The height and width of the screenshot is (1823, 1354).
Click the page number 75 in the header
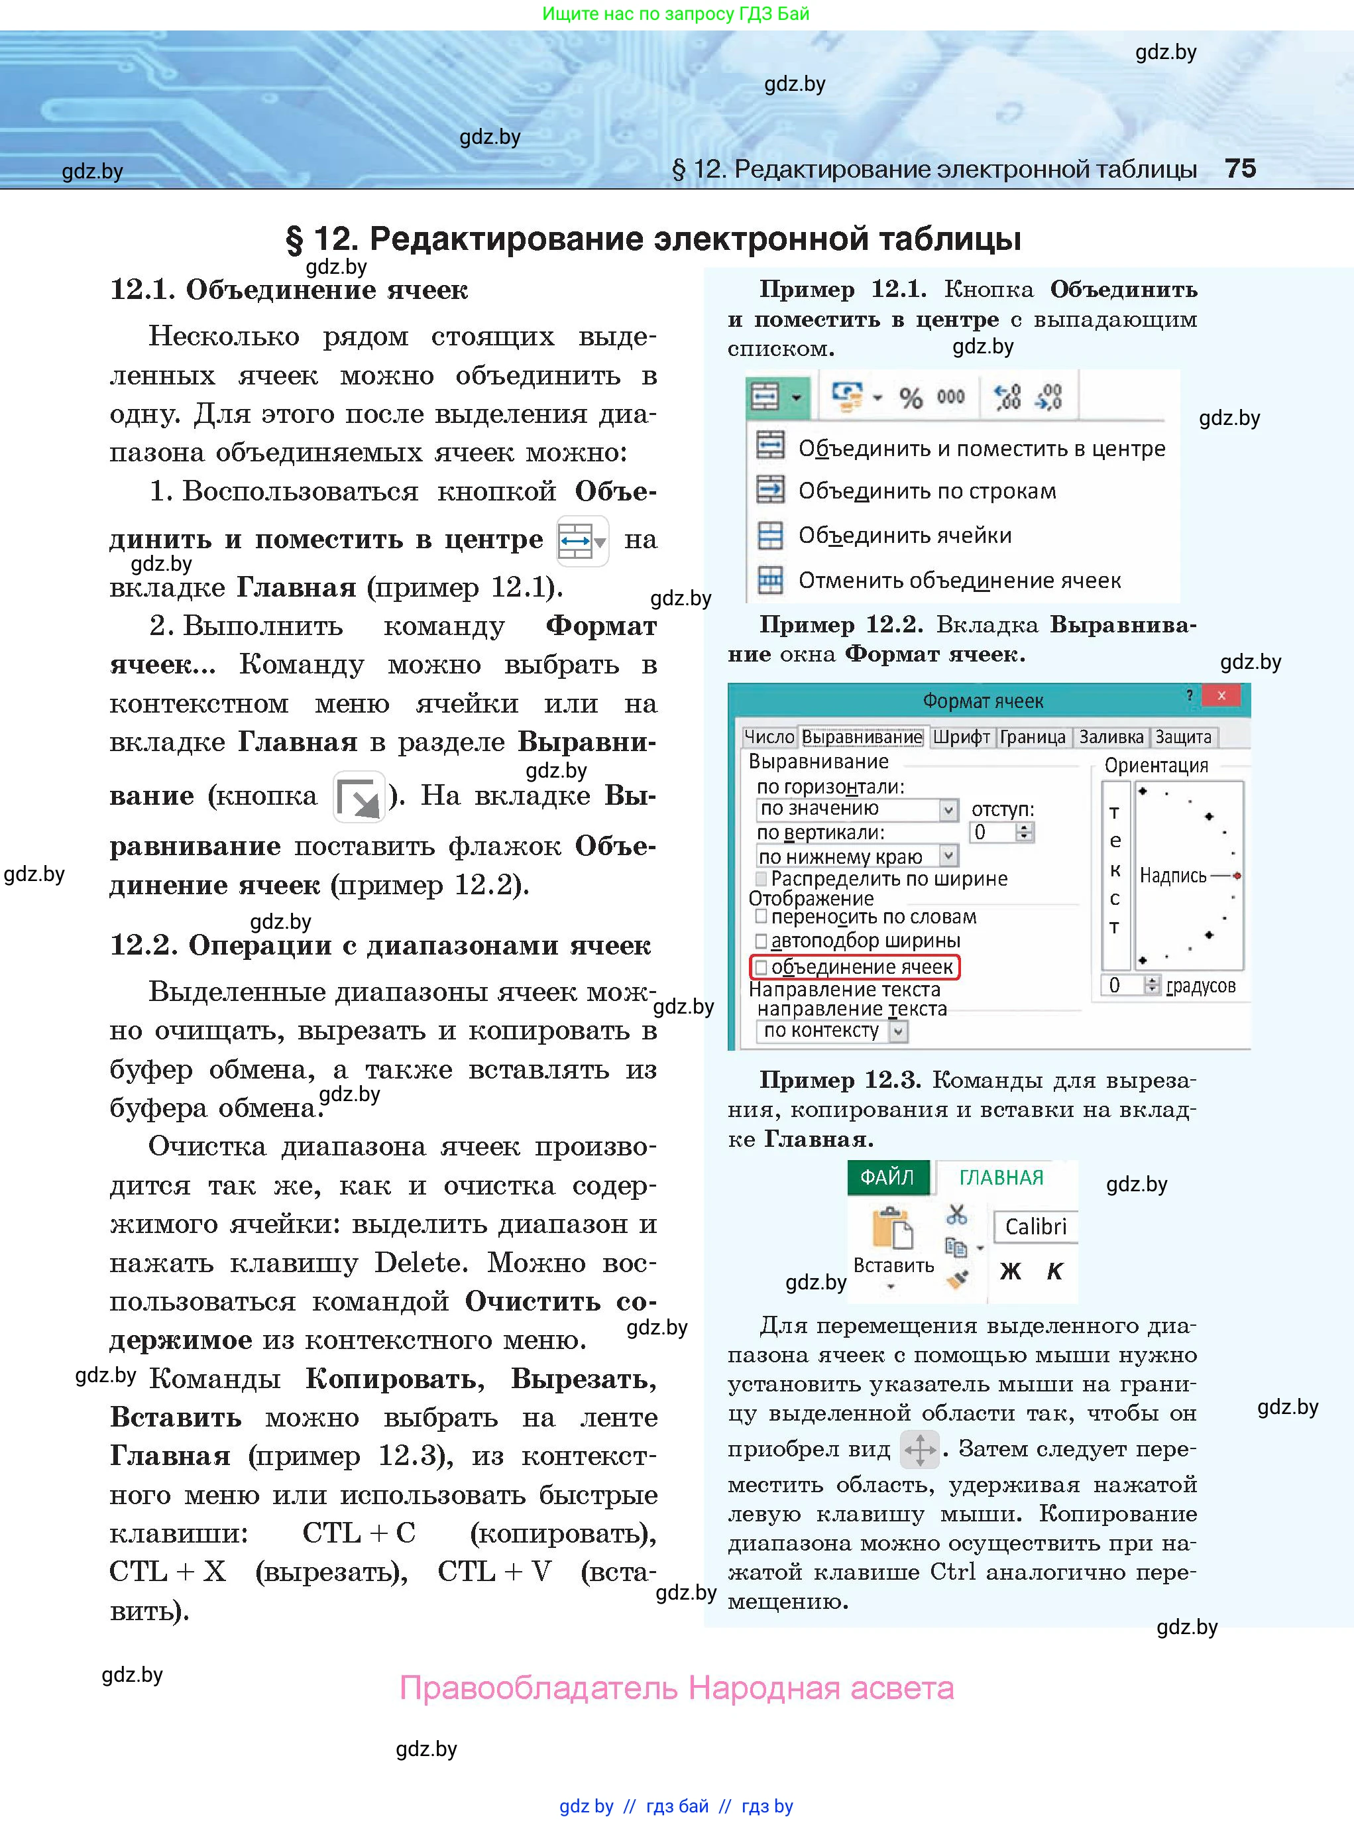pyautogui.click(x=1239, y=169)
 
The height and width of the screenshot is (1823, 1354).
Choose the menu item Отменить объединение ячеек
pyautogui.click(x=959, y=580)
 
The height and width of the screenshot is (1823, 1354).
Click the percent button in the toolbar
pyautogui.click(x=910, y=398)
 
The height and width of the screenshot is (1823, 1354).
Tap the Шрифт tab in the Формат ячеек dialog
pyautogui.click(x=960, y=737)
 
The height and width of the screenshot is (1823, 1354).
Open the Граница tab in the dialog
pyautogui.click(x=1032, y=737)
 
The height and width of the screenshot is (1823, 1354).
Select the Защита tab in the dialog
pyautogui.click(x=1183, y=737)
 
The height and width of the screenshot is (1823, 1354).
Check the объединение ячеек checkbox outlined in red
pyautogui.click(x=762, y=967)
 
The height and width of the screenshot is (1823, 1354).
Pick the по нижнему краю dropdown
pyautogui.click(x=856, y=856)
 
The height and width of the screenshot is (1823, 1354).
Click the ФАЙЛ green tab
pyautogui.click(x=887, y=1177)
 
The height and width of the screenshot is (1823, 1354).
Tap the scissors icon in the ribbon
pyautogui.click(x=956, y=1214)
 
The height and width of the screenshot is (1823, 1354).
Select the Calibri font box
pyautogui.click(x=1035, y=1226)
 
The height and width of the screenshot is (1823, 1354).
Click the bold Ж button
pyautogui.click(x=1011, y=1271)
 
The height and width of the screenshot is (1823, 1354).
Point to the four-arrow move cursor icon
pyautogui.click(x=920, y=1449)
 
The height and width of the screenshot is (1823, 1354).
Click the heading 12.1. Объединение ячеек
pyautogui.click(x=288, y=289)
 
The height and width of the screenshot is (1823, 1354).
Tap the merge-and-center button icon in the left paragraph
pyautogui.click(x=581, y=541)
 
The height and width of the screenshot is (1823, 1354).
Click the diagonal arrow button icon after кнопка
pyautogui.click(x=359, y=796)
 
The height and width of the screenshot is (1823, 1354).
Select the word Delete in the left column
pyautogui.click(x=420, y=1262)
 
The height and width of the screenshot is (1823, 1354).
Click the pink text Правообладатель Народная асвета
pyautogui.click(x=676, y=1688)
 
